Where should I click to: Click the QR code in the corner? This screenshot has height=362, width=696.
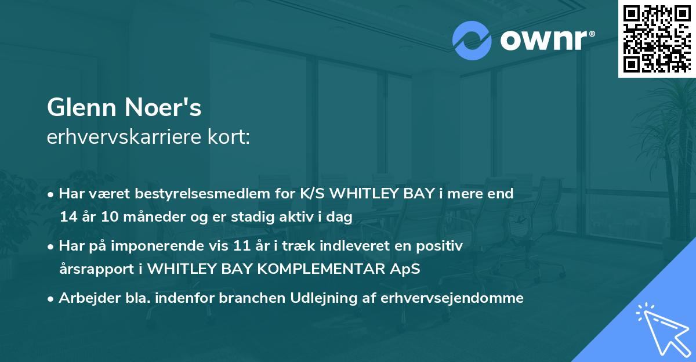[657, 38]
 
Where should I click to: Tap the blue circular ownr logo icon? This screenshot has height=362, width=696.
[472, 41]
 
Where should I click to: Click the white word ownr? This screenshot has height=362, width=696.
[544, 40]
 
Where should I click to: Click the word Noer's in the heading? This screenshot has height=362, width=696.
[163, 107]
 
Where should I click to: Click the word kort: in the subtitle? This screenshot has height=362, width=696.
[229, 137]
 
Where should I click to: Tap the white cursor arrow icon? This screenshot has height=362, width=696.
[664, 330]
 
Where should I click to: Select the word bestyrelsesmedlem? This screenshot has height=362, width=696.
[202, 194]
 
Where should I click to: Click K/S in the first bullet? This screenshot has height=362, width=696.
[312, 194]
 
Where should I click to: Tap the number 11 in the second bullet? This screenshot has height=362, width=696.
[242, 246]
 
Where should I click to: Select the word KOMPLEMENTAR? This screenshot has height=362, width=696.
[321, 269]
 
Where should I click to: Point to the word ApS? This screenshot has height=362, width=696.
[405, 269]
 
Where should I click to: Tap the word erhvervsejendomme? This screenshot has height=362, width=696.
[452, 299]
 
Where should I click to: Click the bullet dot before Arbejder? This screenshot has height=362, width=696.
[50, 299]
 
